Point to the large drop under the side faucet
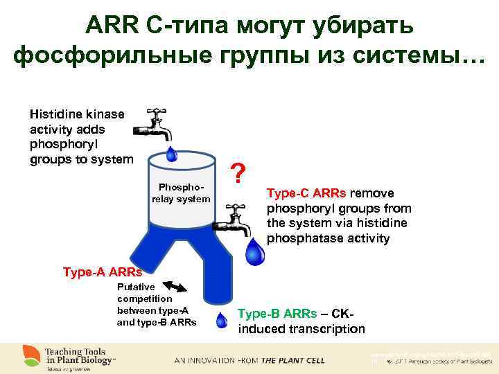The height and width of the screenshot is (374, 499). [256, 253]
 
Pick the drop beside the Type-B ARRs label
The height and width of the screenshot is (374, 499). [222, 320]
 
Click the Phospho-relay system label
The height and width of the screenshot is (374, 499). [181, 193]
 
